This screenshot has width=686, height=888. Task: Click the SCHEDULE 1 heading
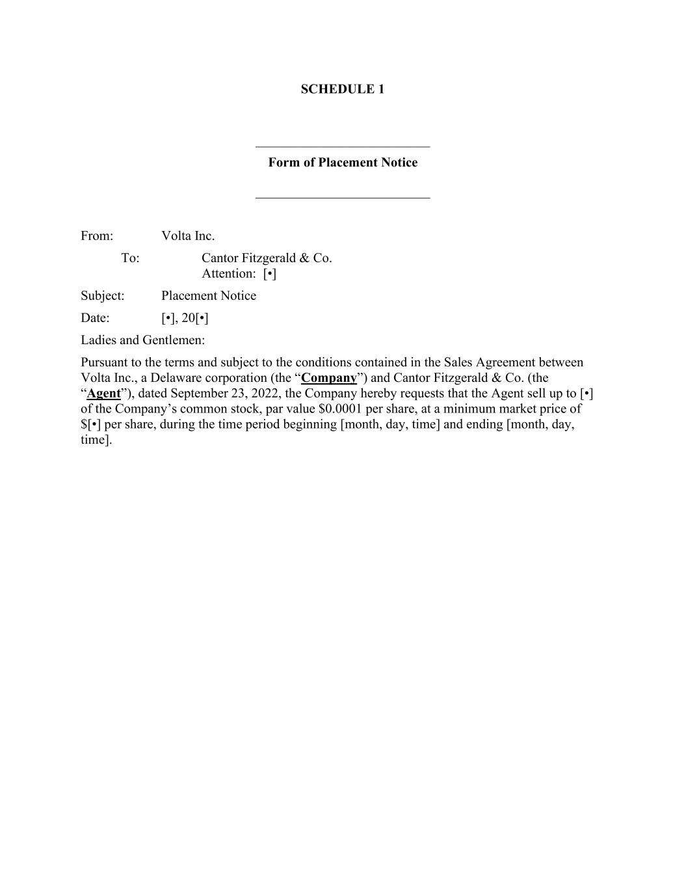(x=342, y=89)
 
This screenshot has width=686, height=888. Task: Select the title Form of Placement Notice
(x=343, y=163)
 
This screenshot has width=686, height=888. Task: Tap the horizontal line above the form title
(x=343, y=147)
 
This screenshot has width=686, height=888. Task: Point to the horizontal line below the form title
(x=343, y=198)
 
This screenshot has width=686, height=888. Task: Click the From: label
(x=97, y=236)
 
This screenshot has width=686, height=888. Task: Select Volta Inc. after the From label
(x=188, y=236)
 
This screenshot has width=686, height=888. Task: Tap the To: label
(x=130, y=258)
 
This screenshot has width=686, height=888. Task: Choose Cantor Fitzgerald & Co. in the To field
(x=267, y=258)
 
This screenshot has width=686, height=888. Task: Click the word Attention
(x=228, y=274)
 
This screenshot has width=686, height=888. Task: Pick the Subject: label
(x=102, y=296)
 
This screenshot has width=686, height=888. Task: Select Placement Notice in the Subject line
(x=209, y=296)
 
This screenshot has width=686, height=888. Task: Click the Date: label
(x=95, y=318)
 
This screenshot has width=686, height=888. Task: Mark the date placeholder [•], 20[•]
(x=185, y=318)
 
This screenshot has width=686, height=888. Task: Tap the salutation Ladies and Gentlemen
(x=142, y=340)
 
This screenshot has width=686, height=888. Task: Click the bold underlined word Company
(x=329, y=378)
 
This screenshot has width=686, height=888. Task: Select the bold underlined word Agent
(x=104, y=394)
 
